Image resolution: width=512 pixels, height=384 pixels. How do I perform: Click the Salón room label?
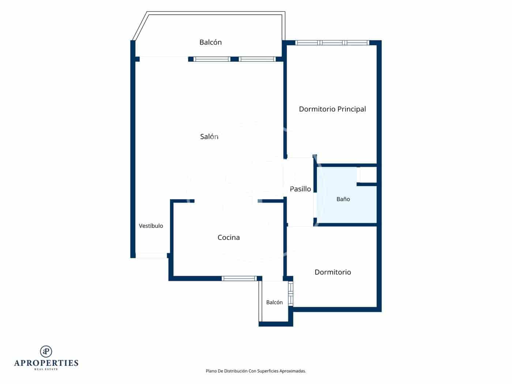(209, 136)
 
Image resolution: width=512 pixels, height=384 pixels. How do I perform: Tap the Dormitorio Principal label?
(332, 109)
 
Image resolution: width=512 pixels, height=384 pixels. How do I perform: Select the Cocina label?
(229, 237)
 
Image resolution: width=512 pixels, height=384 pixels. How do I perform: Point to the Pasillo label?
(300, 189)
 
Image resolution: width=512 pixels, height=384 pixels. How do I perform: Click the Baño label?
(343, 199)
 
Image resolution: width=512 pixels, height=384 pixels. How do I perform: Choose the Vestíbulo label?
(151, 226)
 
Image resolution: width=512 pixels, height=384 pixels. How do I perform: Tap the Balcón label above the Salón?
(210, 42)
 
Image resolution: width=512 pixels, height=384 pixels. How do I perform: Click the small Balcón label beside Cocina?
(274, 302)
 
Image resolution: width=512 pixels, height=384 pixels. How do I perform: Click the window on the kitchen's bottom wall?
(239, 278)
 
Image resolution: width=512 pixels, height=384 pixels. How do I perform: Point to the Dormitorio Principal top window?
(332, 43)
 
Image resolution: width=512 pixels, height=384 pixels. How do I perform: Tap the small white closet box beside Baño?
(368, 175)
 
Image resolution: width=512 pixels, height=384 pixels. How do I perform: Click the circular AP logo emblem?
(46, 351)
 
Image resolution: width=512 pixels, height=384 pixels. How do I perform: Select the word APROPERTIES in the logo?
(46, 363)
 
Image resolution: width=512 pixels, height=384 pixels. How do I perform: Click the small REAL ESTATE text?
(46, 369)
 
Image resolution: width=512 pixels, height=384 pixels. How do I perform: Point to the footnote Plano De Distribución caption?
(256, 371)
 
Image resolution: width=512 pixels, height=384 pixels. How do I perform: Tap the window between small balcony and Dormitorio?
(291, 293)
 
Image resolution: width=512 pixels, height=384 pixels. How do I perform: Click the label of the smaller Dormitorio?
(333, 272)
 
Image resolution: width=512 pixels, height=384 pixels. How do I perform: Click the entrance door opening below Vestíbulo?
(151, 256)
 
